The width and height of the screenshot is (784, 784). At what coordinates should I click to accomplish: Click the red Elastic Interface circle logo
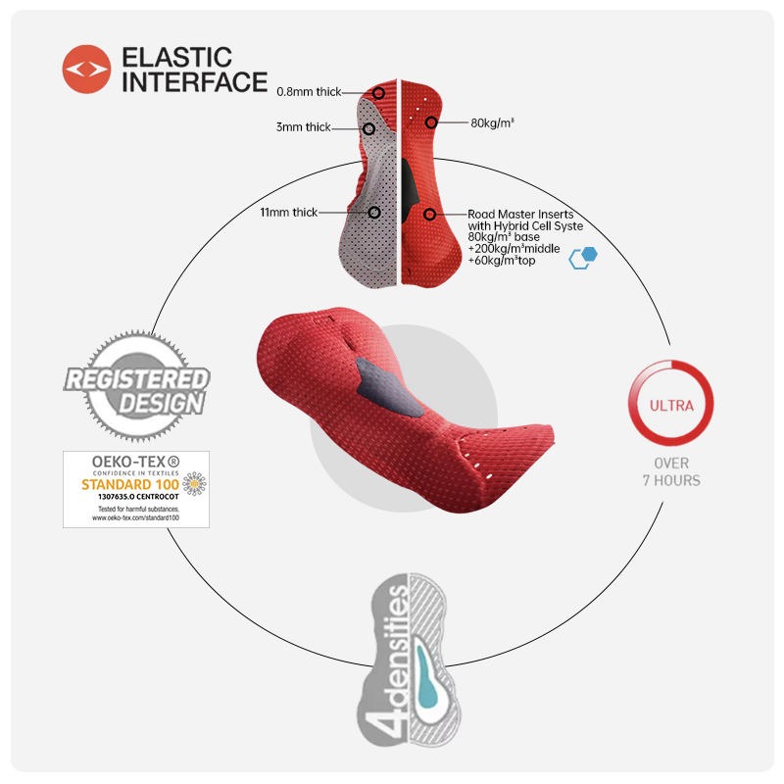pos(86,70)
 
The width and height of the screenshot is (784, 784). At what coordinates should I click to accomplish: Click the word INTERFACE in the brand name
pos(194,82)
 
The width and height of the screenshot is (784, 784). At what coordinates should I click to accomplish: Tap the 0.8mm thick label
pos(309,92)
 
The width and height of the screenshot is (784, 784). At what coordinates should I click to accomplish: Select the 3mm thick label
pos(304,127)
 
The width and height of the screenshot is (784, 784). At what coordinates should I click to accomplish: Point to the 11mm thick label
pos(288,213)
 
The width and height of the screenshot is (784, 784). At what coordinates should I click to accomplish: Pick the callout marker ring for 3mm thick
pos(368,128)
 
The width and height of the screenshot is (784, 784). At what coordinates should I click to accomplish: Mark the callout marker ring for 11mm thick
pos(373,212)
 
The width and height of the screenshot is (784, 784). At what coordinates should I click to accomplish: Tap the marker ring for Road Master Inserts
pos(429,214)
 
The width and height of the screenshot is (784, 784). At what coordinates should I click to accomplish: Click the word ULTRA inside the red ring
pos(671,405)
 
